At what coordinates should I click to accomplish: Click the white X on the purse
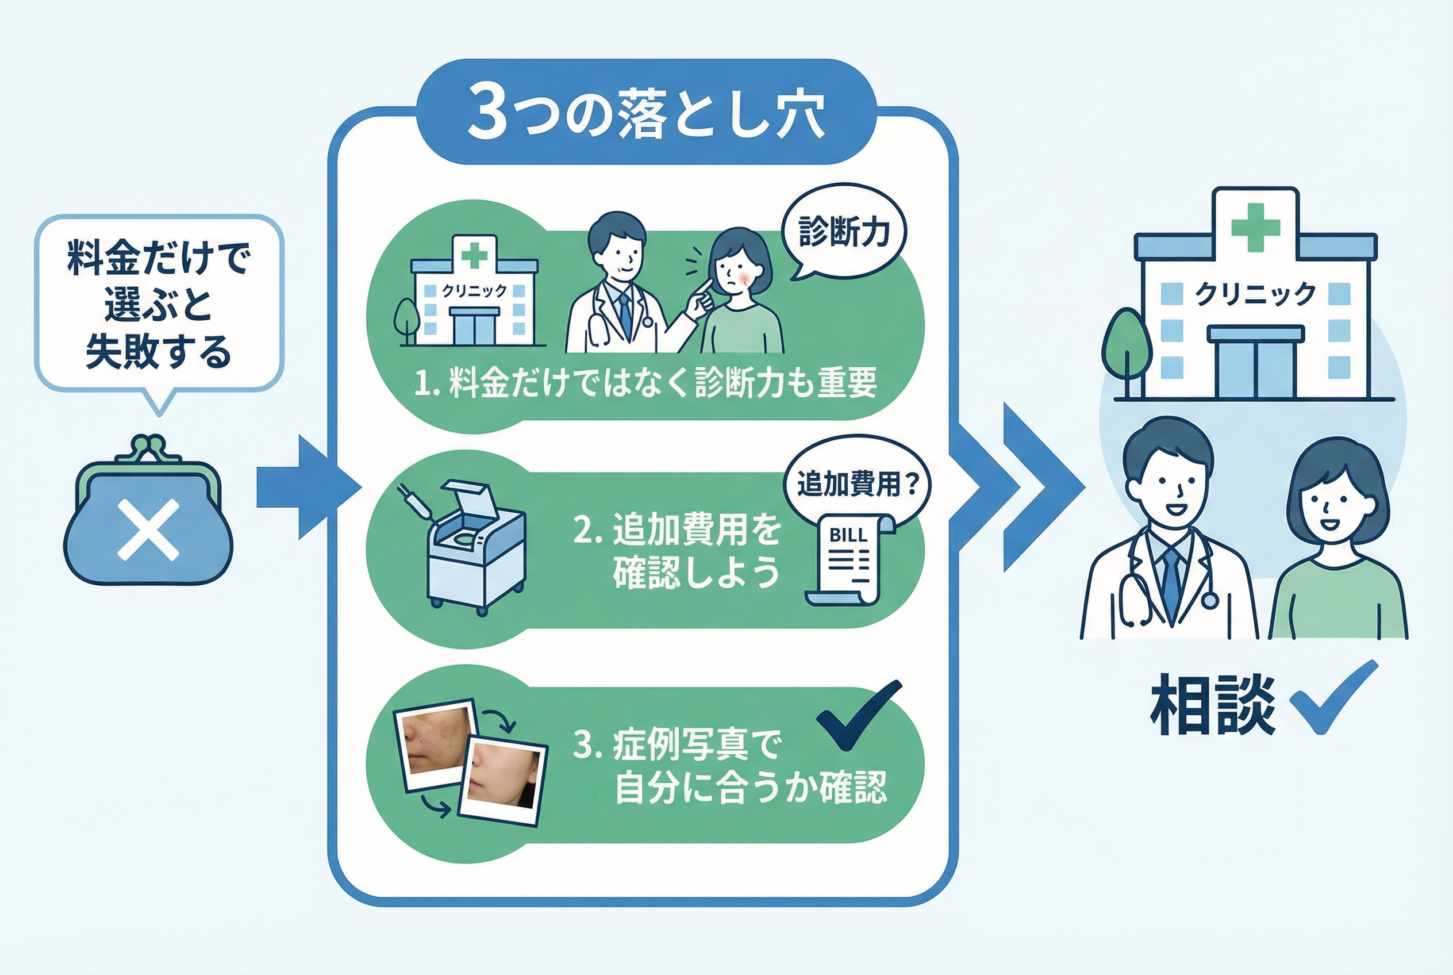(x=148, y=531)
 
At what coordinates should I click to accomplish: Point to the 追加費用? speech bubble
(x=857, y=483)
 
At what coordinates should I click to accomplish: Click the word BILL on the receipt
(x=848, y=535)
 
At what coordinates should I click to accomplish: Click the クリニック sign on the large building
(x=1255, y=294)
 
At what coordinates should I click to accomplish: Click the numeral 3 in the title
(x=487, y=116)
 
